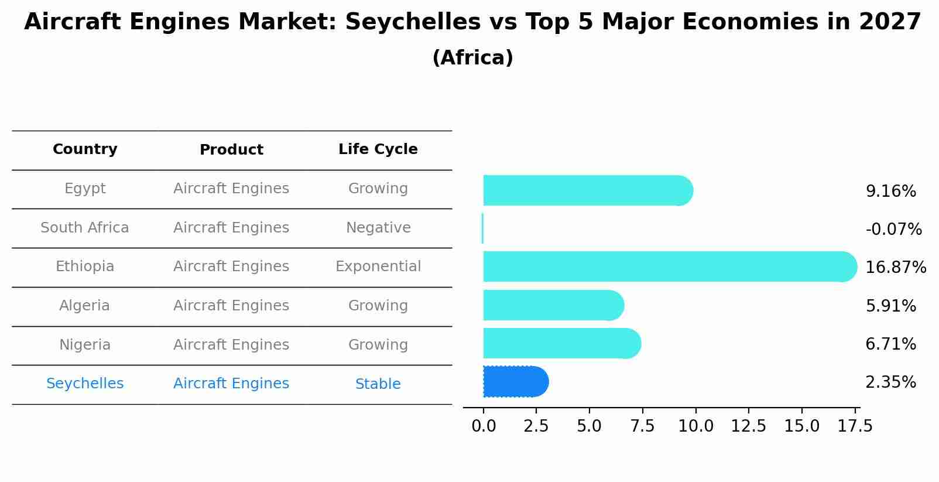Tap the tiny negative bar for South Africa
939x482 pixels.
point(482,228)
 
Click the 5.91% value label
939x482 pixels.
point(890,306)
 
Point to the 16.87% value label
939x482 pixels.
point(895,268)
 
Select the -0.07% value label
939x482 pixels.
point(893,229)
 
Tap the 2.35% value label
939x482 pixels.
point(890,382)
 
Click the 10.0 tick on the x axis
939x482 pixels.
point(695,426)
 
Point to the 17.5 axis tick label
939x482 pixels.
point(855,426)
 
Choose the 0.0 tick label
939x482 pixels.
point(484,426)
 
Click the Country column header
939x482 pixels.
point(85,149)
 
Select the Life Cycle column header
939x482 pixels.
point(378,149)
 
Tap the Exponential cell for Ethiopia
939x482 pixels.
point(378,266)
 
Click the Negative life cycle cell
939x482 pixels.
point(378,228)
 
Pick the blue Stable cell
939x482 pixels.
point(378,384)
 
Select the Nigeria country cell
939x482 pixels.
point(85,345)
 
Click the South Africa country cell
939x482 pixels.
point(85,228)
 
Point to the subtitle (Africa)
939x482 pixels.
point(472,58)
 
